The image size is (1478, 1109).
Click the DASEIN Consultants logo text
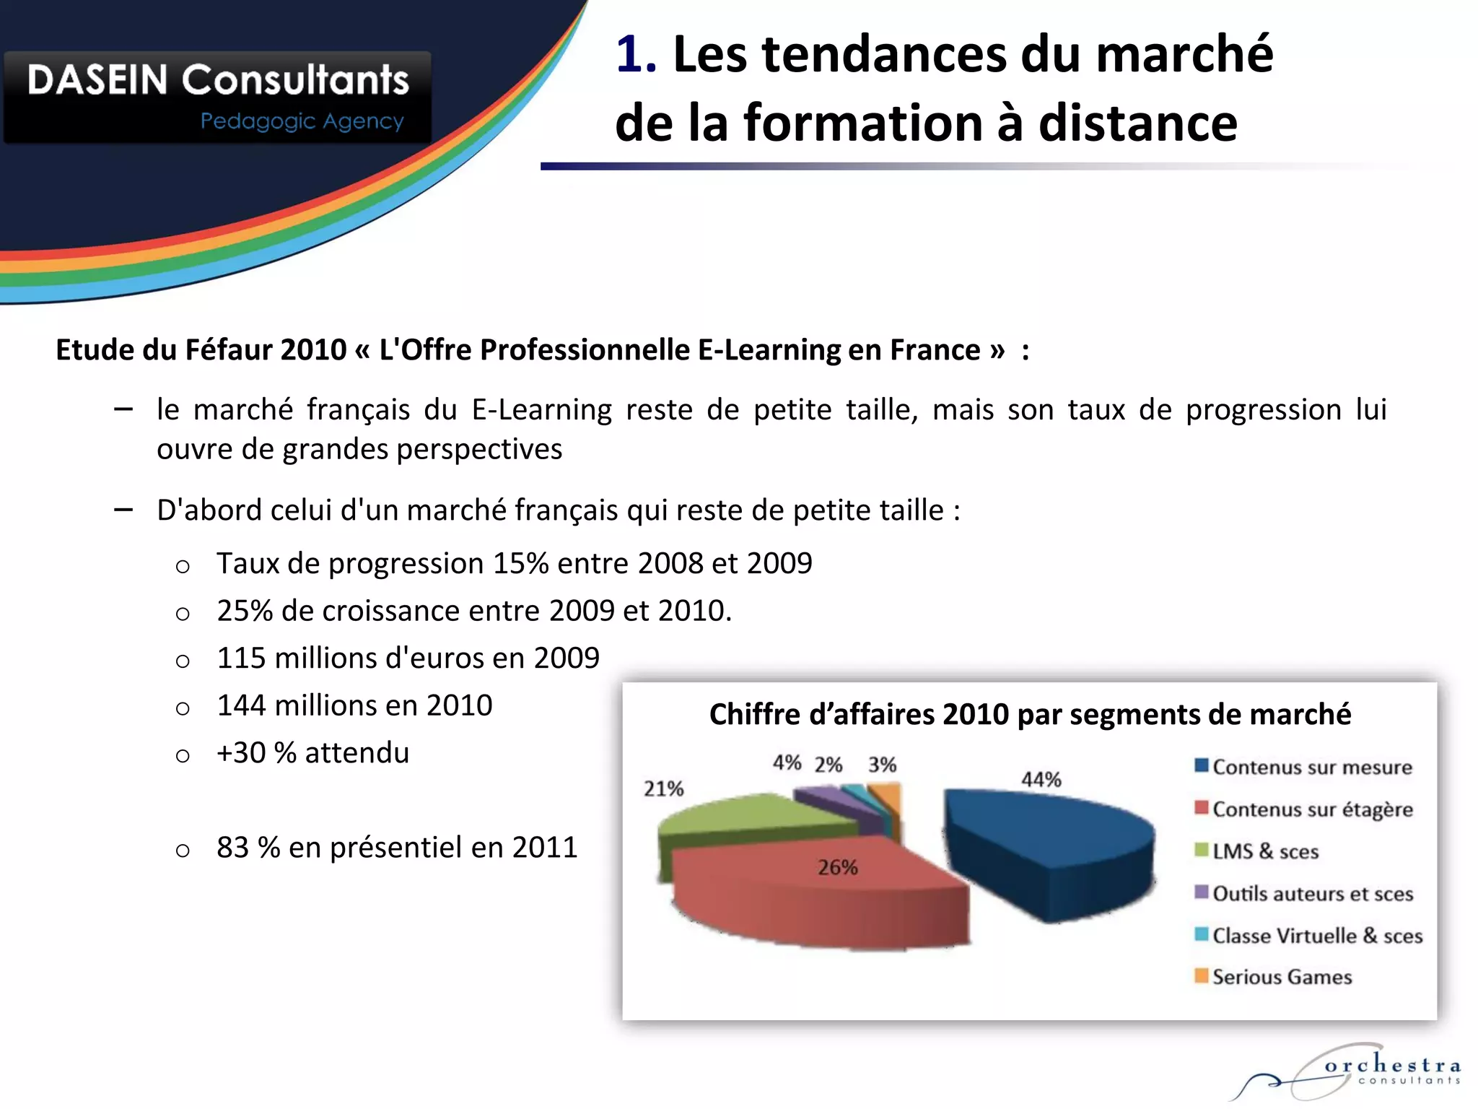[x=218, y=79]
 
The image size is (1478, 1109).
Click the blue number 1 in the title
[x=635, y=55]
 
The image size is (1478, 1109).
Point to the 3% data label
[x=882, y=765]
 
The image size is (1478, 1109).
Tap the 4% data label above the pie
[x=787, y=762]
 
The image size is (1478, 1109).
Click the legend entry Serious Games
[x=1282, y=977]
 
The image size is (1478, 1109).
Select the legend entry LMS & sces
[x=1265, y=851]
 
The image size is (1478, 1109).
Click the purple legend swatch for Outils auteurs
[x=1202, y=892]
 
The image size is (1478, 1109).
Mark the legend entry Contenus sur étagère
[x=1312, y=809]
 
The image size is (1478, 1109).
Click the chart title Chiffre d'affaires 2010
[x=1030, y=714]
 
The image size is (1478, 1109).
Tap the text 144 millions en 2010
[x=354, y=705]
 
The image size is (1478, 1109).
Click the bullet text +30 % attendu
[x=312, y=753]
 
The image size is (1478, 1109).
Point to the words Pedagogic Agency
[x=302, y=121]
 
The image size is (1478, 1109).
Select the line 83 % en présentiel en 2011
[x=397, y=848]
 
